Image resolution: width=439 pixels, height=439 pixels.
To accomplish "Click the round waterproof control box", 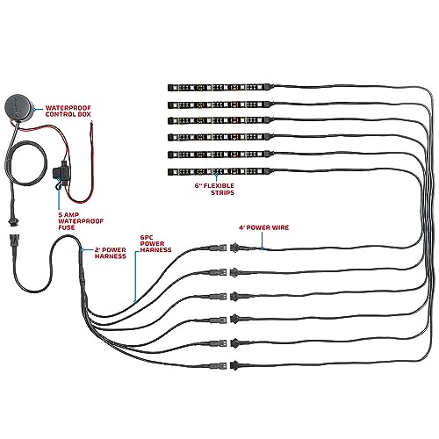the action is coord(18,107).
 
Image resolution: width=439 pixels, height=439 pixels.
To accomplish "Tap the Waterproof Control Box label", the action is coord(68,112).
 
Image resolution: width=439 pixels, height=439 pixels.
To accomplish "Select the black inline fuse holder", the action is coord(61,175).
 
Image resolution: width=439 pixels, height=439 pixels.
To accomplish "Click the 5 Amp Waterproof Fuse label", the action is coord(81,221).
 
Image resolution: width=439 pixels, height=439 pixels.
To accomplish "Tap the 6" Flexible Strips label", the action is coord(214,189).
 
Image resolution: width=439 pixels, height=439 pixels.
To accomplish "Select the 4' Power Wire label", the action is coord(263,227).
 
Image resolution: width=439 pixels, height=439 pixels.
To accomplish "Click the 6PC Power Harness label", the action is coord(155,243).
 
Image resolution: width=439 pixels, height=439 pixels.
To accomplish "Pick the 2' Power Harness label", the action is coord(111,253).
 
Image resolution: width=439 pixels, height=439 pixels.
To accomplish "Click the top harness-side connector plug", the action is coord(218,248).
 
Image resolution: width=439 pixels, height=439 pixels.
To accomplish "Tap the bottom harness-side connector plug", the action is coord(218,365).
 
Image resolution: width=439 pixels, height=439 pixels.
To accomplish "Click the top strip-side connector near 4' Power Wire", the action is coord(239,248).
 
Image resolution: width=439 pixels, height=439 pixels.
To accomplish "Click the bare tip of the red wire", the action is coord(91,122).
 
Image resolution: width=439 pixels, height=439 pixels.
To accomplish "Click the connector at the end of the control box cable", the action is coord(12,219).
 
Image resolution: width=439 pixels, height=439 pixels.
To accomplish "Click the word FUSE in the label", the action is coord(67,227).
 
